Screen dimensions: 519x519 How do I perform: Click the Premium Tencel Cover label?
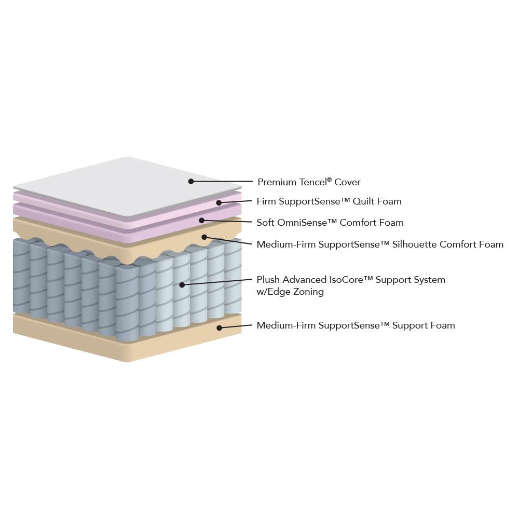(x=309, y=182)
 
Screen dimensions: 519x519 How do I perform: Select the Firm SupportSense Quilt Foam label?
(x=329, y=201)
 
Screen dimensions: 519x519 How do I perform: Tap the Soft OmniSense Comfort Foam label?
(x=330, y=223)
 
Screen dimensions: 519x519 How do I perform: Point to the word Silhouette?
(x=414, y=244)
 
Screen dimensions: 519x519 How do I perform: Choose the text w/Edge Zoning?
(x=290, y=292)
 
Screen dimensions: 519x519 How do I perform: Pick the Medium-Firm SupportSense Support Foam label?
(x=356, y=325)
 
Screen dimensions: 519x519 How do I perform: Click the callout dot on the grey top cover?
(x=191, y=181)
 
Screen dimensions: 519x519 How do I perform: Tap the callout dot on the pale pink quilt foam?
(x=219, y=202)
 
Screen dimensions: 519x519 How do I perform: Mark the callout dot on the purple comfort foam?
(x=201, y=220)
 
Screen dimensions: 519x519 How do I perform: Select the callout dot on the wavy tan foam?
(x=204, y=237)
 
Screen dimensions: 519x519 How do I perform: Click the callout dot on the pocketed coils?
(x=182, y=284)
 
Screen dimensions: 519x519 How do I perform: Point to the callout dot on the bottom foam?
(x=219, y=327)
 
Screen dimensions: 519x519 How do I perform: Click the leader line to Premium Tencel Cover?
(x=222, y=181)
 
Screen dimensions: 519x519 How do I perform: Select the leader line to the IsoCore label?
(x=217, y=282)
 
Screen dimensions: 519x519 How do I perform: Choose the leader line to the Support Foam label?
(x=235, y=326)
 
